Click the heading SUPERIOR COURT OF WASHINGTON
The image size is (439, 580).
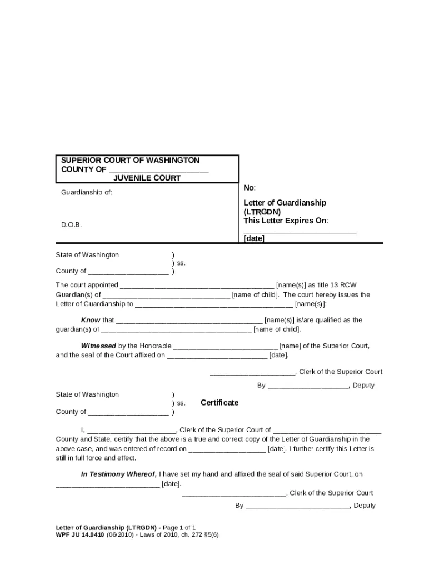[130, 160]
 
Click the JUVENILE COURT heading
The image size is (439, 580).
[147, 178]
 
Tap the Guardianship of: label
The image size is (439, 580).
[87, 192]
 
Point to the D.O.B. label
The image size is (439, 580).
[71, 225]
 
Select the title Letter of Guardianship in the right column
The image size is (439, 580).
[285, 203]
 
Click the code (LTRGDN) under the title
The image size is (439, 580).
[262, 212]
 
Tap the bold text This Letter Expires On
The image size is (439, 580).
[286, 221]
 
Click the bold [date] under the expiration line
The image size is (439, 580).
[254, 238]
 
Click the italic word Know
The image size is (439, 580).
[91, 320]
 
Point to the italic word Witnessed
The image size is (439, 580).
[98, 346]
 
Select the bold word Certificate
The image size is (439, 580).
[219, 403]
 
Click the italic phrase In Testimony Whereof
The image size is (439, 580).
[119, 474]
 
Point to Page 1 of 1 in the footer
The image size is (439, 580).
[179, 527]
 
